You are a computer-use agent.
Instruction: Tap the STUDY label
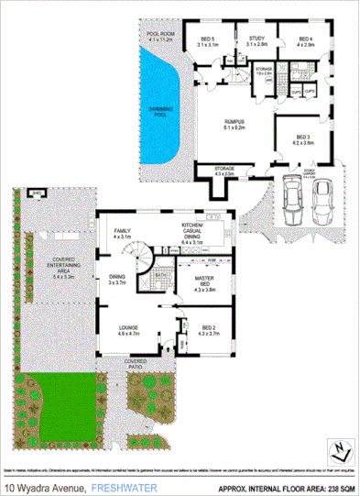(256, 40)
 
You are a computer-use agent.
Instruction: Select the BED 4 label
(305, 40)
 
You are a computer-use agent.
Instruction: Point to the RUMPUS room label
(237, 124)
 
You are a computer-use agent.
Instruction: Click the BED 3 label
(303, 138)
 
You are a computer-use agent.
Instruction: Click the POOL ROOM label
(160, 38)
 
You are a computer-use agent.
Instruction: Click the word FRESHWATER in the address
(124, 486)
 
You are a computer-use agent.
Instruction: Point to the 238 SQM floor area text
(333, 486)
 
